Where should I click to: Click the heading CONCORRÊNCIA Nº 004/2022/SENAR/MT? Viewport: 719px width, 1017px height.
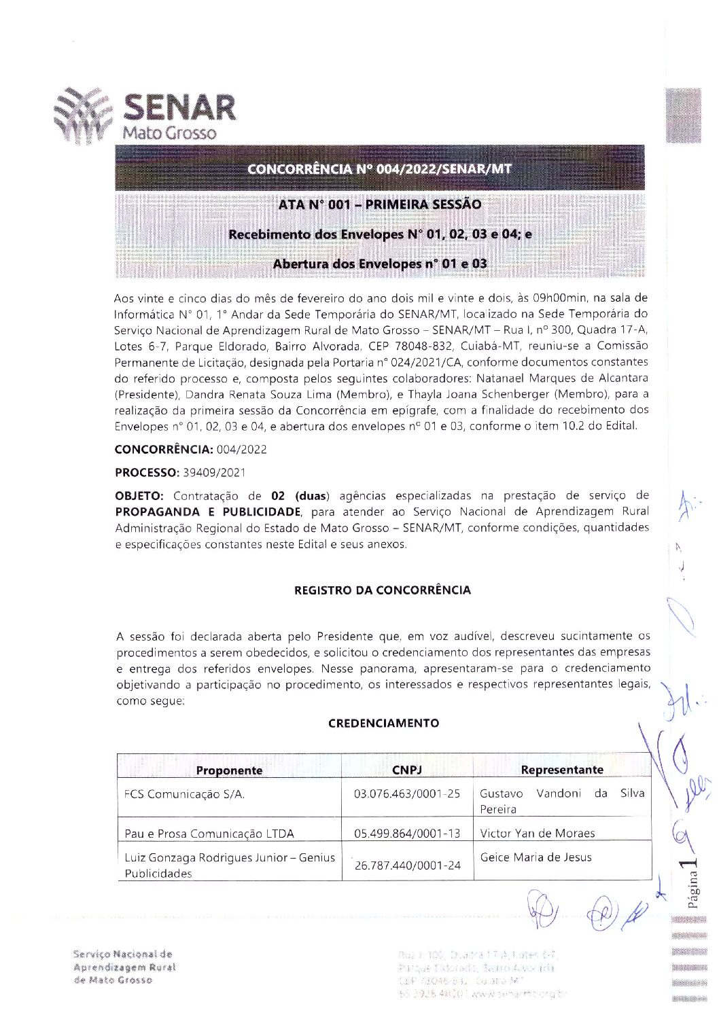coord(379,168)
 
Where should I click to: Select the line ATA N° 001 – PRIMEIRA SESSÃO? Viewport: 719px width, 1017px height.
coord(379,204)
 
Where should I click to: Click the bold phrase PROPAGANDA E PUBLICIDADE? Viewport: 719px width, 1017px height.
coord(208,512)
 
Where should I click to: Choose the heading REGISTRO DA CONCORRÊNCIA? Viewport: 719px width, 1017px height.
coord(382,590)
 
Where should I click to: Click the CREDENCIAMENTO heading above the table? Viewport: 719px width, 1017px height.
coord(383,723)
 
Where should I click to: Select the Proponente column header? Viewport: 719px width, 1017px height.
coord(229,770)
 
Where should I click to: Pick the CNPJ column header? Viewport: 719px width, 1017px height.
coord(407,769)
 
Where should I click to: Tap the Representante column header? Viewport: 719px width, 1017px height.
coord(561,769)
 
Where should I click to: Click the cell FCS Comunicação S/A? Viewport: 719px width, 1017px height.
coord(184,793)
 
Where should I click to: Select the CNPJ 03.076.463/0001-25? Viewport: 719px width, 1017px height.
coord(407,793)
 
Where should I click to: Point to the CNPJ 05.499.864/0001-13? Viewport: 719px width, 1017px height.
coord(407,833)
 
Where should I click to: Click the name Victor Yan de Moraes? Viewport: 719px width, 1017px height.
coord(537,833)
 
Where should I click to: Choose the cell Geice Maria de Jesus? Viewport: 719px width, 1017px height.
coord(536,857)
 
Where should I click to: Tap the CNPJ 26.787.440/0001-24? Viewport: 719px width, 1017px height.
coord(408,865)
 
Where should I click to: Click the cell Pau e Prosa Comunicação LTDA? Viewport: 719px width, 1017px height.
coord(209,833)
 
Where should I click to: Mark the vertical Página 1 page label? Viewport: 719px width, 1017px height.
coord(692,882)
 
